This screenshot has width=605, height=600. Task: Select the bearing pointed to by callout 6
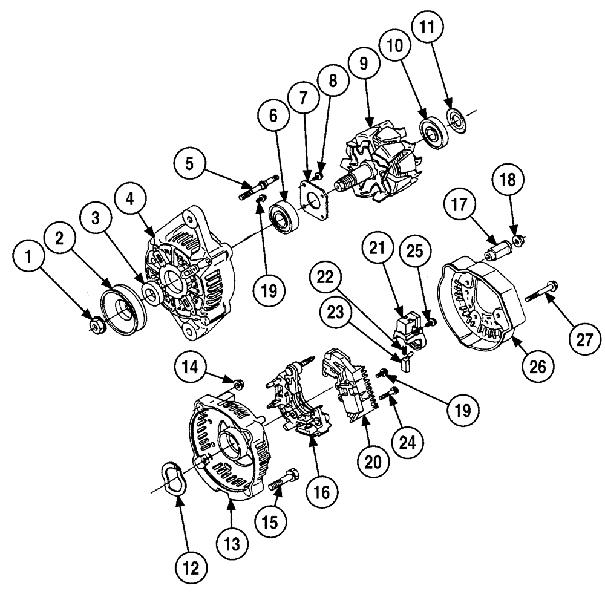click(283, 216)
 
